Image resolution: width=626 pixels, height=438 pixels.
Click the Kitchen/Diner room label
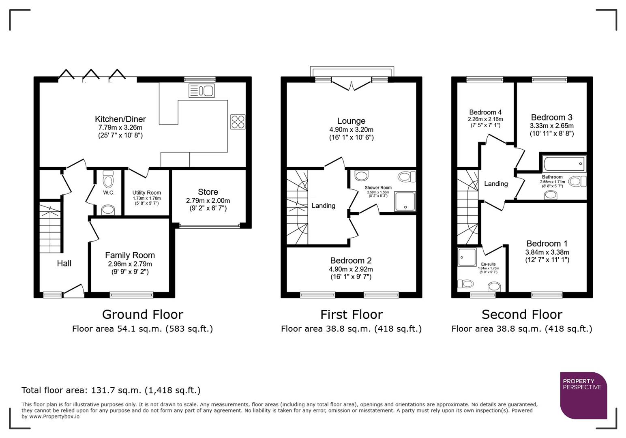[120, 119]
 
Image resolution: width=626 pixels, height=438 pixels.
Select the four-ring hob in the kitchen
[238, 122]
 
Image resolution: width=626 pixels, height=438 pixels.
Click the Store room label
[208, 192]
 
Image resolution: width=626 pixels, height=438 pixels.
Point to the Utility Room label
[146, 193]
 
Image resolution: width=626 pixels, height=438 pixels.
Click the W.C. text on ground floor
[109, 193]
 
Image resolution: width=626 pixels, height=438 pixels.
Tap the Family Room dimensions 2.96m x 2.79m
[130, 264]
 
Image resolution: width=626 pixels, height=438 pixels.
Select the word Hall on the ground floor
[64, 263]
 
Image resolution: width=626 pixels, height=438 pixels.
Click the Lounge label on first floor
[351, 121]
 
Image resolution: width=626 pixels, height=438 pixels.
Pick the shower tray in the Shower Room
[405, 202]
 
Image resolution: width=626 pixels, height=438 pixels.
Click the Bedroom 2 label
[351, 260]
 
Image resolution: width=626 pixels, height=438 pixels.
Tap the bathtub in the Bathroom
[564, 164]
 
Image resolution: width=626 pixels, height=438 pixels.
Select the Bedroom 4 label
[485, 112]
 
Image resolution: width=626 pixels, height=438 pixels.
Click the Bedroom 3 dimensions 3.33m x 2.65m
[551, 126]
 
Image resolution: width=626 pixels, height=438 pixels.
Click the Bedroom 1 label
[547, 243]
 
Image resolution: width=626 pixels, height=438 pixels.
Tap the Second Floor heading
[522, 314]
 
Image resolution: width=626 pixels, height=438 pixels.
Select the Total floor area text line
[111, 390]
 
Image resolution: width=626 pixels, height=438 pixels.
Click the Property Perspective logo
[583, 395]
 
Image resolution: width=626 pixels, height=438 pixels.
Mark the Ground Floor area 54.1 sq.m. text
[142, 328]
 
